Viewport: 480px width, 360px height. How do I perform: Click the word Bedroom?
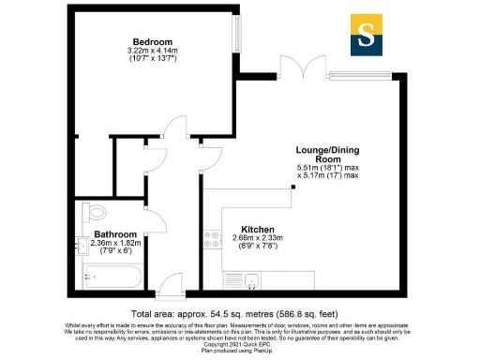152,41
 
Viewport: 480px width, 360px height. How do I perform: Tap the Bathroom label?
115,234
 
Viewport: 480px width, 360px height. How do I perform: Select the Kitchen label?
258,230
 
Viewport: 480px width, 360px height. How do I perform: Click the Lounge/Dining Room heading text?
328,154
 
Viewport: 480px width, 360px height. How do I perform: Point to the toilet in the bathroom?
90,211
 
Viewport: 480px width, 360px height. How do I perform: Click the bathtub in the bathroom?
112,276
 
